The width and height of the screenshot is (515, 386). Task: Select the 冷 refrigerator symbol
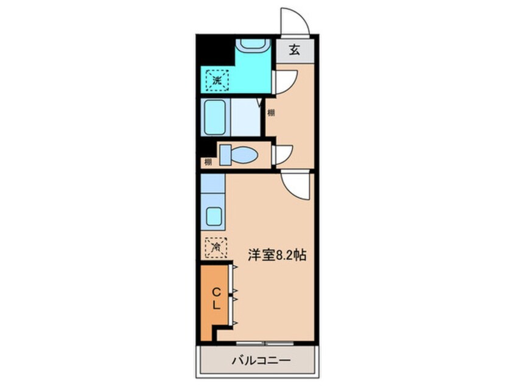216,247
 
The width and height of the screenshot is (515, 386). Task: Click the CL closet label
215,298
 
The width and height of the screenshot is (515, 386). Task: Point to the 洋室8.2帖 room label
277,254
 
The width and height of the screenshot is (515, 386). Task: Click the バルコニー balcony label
261,360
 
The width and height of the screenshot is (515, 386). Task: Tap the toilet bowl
239,155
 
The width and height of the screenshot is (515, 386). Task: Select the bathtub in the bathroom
215,118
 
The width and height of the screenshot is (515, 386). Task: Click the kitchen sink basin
214,217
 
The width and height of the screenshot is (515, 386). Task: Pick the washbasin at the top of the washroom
254,45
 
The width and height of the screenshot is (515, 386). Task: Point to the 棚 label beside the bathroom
271,113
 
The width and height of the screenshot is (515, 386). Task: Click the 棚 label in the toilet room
208,161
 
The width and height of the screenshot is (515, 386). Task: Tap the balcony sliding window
265,343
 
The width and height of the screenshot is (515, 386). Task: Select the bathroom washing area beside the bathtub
245,118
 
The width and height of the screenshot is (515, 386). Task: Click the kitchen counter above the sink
212,183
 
